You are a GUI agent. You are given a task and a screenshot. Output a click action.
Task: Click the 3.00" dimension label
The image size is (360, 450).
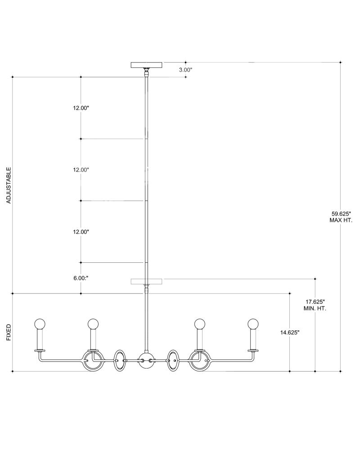(185, 69)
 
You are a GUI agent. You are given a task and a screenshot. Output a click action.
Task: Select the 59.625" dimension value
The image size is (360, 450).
(341, 214)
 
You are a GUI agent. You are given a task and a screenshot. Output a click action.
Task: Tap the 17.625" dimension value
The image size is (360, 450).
(315, 302)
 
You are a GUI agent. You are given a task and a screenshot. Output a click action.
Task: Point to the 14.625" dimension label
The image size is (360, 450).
(290, 333)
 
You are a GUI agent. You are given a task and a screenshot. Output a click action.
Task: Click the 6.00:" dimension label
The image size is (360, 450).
(81, 278)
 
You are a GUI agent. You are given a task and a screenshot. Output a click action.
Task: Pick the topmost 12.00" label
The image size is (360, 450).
(81, 108)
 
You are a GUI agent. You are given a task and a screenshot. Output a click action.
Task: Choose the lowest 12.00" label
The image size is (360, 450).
(81, 232)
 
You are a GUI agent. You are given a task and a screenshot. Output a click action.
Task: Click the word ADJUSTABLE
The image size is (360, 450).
(9, 185)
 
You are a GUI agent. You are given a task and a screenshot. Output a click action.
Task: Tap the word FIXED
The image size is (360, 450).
(9, 333)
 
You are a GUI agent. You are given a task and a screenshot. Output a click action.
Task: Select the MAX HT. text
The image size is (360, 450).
(341, 220)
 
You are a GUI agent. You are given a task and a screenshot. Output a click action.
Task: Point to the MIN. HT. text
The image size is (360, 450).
(315, 309)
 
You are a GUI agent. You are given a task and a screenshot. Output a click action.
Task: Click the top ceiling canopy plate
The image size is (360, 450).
(146, 64)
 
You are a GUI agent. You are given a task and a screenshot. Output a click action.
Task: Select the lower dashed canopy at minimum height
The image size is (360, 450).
(146, 281)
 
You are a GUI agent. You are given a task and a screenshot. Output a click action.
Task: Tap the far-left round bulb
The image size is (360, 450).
(40, 324)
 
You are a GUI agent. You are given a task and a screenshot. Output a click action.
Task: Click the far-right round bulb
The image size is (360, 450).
(253, 324)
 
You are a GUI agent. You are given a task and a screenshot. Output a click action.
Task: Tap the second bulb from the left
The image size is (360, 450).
(93, 324)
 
